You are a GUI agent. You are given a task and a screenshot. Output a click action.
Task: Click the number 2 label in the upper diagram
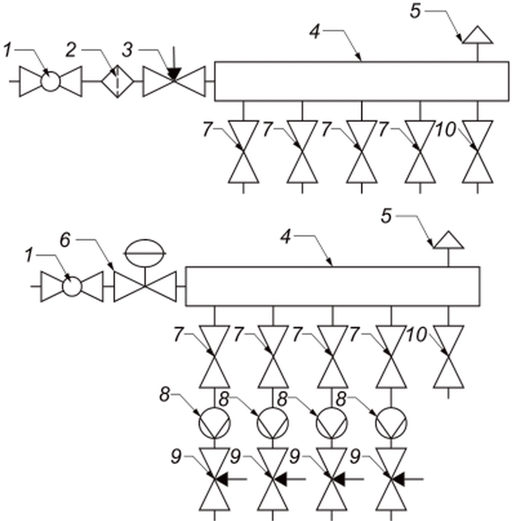coord(71,50)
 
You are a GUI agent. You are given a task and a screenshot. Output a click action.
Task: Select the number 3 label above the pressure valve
coord(128,50)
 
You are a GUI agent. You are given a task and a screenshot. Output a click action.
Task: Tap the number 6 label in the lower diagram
coord(65,240)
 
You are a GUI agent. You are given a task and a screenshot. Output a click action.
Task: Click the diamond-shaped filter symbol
coord(117,81)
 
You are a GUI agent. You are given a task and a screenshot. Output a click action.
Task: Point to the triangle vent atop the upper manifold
coord(478,35)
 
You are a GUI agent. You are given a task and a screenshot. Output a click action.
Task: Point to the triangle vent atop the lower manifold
coord(448,240)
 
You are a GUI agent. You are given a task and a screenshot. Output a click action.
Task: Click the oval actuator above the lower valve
coord(145,253)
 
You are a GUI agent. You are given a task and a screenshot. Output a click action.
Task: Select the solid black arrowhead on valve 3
coord(173,74)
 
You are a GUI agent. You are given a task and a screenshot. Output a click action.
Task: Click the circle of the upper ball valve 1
coord(51,81)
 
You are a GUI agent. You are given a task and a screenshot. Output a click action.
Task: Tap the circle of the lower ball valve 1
coord(72,286)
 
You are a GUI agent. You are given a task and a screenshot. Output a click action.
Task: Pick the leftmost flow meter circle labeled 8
coord(214,423)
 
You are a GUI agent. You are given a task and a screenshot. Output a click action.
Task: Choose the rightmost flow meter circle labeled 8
coord(391,423)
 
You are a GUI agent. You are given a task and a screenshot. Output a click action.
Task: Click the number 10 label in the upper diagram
coord(446,129)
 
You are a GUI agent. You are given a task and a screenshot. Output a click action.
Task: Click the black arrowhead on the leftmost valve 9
coord(222,479)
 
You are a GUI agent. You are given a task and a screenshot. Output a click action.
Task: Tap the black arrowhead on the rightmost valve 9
coord(398,479)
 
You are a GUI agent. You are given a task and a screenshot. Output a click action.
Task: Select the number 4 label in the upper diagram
coord(315,32)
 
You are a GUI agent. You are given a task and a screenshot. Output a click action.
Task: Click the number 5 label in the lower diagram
coord(386,216)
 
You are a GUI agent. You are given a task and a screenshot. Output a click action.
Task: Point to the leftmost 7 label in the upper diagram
coord(207,129)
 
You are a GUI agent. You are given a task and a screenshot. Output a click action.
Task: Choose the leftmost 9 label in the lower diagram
coord(176,456)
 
